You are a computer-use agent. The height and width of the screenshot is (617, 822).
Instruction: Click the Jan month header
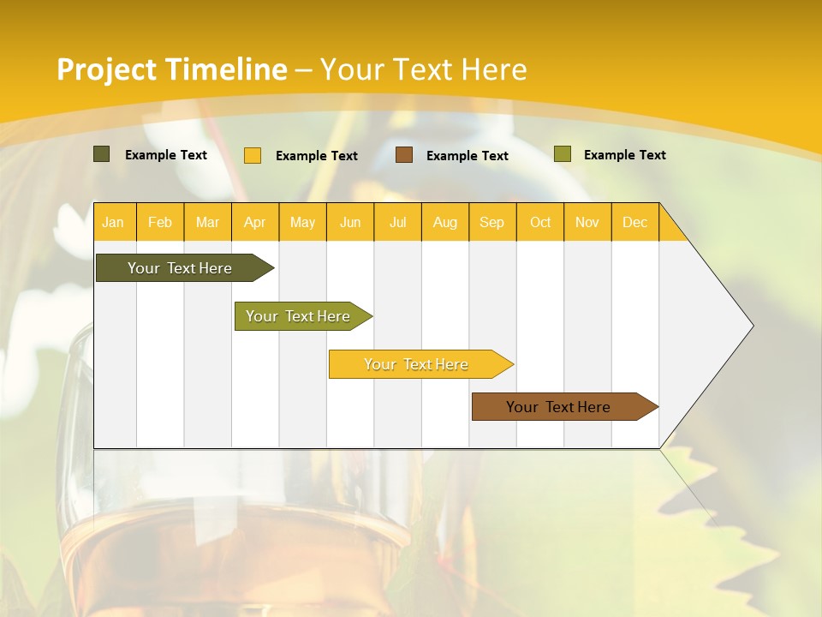coord(113,222)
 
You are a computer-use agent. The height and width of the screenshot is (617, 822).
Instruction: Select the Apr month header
coord(255,222)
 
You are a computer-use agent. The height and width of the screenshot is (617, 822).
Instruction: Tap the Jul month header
coord(398,222)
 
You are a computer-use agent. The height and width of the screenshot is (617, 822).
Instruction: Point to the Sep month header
coord(491,222)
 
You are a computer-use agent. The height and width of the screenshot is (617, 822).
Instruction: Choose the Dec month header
coord(634,222)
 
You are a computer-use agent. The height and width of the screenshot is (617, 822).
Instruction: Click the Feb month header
coord(160,222)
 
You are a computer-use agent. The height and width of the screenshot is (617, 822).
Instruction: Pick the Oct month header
coord(540,222)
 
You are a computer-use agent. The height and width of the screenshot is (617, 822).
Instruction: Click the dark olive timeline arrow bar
coord(180,268)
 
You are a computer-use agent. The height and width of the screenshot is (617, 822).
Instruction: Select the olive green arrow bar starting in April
coord(298,316)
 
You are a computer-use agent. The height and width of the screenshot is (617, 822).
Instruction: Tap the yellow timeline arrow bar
coord(416,364)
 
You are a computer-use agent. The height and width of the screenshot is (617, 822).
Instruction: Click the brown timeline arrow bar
coord(558,407)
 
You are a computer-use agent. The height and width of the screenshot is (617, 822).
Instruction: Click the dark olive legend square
coord(102,154)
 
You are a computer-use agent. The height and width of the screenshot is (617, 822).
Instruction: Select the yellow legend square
coord(253,155)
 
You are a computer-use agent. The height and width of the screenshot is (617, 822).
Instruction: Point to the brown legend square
coord(404,155)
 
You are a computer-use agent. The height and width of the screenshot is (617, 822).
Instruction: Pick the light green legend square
coord(563,154)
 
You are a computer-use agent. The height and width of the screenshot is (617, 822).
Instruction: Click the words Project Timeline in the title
coord(171,69)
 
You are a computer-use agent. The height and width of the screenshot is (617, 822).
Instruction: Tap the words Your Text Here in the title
coord(423,69)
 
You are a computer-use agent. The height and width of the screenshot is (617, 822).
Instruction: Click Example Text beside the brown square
coord(468,156)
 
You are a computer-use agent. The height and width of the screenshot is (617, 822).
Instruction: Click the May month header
coord(302,222)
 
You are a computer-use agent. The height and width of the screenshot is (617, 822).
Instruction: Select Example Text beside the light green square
coord(624,155)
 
